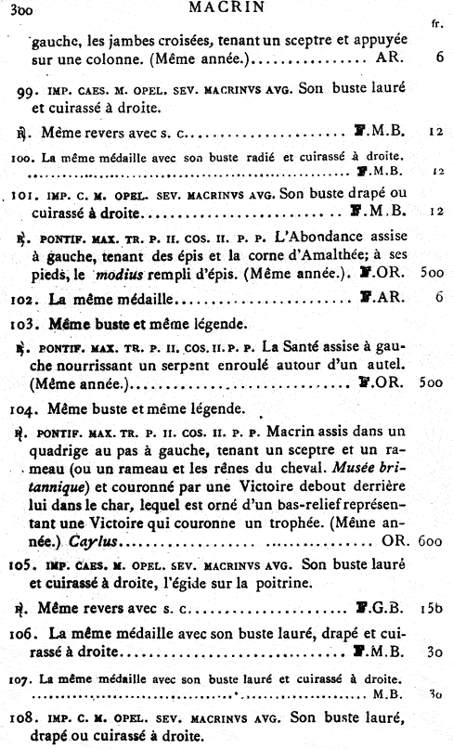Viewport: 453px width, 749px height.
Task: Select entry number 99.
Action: tap(28, 90)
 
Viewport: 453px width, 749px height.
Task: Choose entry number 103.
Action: tap(26, 325)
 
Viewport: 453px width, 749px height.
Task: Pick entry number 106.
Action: tap(26, 633)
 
